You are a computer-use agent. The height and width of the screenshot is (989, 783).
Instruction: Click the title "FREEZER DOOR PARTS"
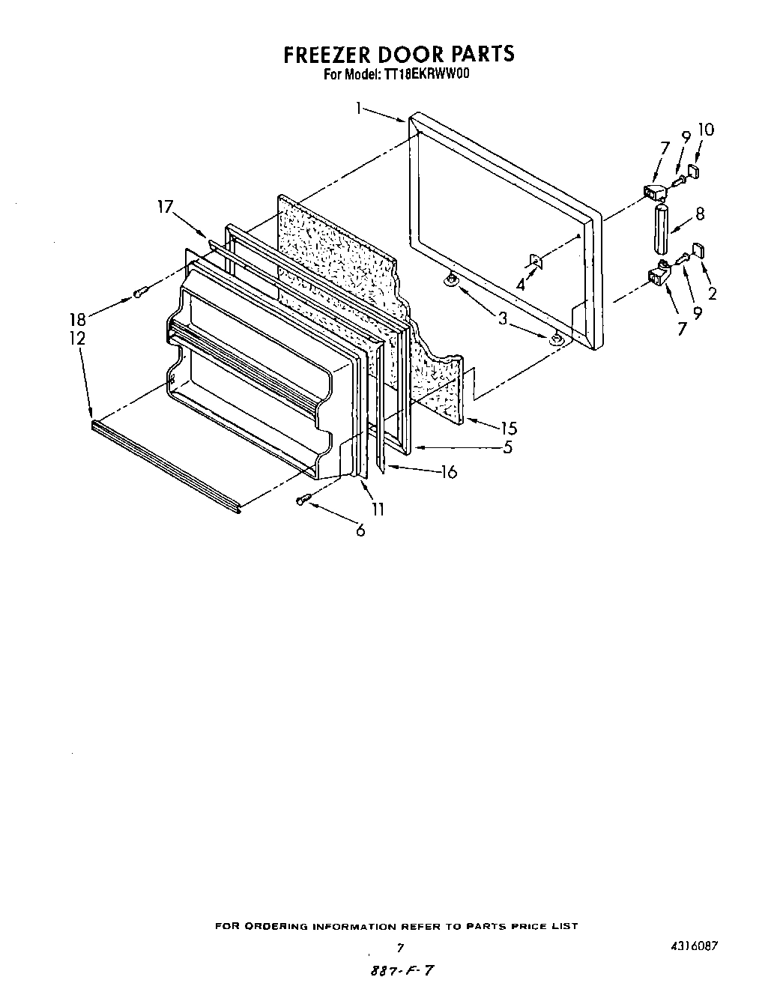(399, 55)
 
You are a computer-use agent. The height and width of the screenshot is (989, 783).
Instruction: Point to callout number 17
(166, 207)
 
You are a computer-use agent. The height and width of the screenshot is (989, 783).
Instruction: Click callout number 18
(78, 318)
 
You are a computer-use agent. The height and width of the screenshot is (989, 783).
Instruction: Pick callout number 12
(78, 339)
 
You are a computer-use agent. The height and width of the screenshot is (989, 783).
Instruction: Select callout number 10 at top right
(705, 130)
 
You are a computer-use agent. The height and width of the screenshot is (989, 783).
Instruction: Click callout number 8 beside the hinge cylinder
(700, 214)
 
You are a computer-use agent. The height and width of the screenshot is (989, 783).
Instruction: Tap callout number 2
(712, 294)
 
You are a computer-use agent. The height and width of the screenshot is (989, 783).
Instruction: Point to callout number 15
(509, 429)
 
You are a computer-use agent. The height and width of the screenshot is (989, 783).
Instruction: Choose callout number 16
(448, 472)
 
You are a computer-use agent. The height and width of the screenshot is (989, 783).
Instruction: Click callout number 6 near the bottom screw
(360, 530)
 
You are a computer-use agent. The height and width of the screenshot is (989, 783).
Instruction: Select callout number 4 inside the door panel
(520, 285)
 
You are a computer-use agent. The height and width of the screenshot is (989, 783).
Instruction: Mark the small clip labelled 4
(536, 261)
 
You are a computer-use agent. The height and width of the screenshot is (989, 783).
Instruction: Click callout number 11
(378, 509)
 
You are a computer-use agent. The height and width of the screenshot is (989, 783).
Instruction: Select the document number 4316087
(695, 946)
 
